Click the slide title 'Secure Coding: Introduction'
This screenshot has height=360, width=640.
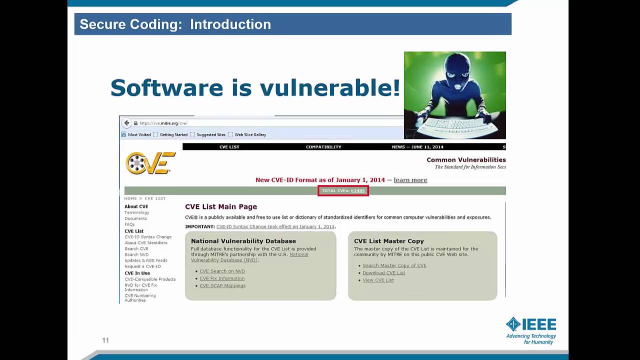pyautogui.click(x=175, y=24)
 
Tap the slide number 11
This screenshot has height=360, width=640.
pyautogui.click(x=105, y=340)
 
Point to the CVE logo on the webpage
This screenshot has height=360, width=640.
pyautogui.click(x=150, y=163)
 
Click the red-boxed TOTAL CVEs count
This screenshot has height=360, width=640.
pyautogui.click(x=343, y=190)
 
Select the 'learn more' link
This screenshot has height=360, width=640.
pyautogui.click(x=410, y=180)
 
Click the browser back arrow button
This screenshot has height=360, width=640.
pyautogui.click(x=127, y=123)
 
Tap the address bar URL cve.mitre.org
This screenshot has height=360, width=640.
pyautogui.click(x=163, y=123)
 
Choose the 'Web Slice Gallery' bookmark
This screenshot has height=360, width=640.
pyautogui.click(x=250, y=134)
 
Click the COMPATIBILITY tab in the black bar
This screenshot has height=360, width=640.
pyautogui.click(x=323, y=147)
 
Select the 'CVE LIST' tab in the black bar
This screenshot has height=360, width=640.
pyautogui.click(x=229, y=147)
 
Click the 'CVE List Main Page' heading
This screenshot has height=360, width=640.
pyautogui.click(x=221, y=206)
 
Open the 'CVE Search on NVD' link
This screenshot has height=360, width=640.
pyautogui.click(x=222, y=271)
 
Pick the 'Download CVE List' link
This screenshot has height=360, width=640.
pyautogui.click(x=383, y=273)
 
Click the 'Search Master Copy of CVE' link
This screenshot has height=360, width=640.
pyautogui.click(x=394, y=265)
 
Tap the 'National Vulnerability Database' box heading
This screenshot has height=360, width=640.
pyautogui.click(x=243, y=241)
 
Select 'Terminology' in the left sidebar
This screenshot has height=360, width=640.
pyautogui.click(x=137, y=212)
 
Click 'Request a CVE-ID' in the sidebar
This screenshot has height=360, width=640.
pyautogui.click(x=142, y=266)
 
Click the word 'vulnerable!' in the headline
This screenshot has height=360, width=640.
pyautogui.click(x=329, y=88)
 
